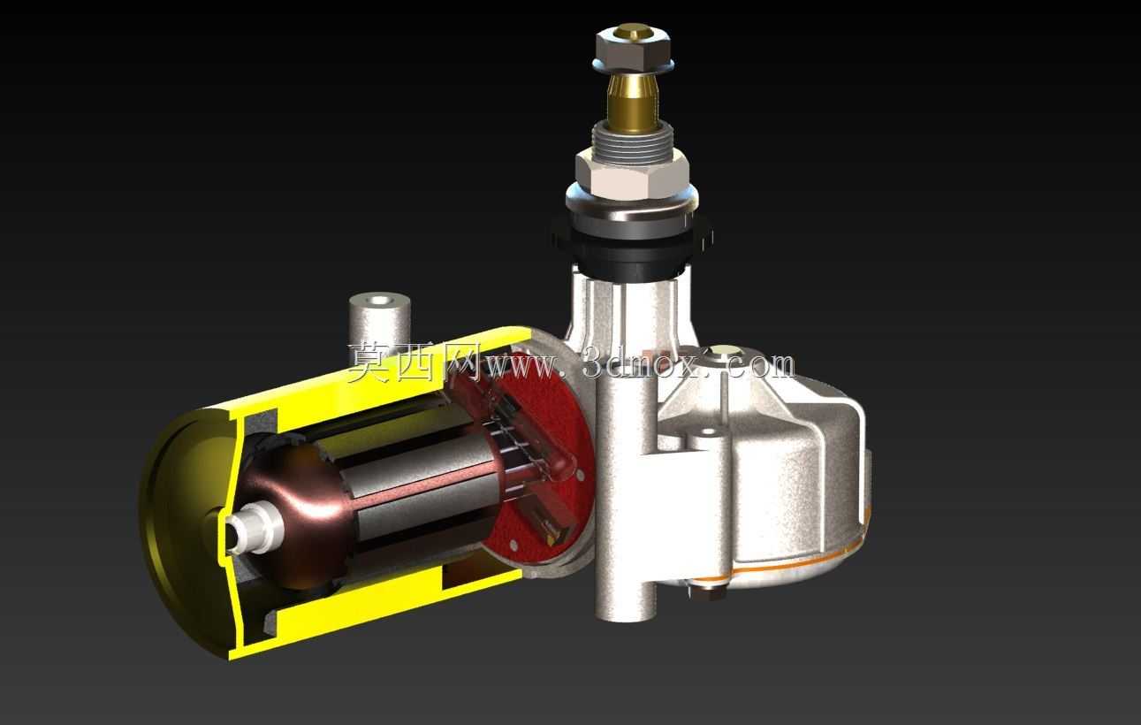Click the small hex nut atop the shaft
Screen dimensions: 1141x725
pos(632,45)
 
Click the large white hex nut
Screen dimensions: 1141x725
pos(633,176)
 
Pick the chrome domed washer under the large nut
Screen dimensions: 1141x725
pos(632,208)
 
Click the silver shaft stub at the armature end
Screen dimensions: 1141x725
pos(252,527)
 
